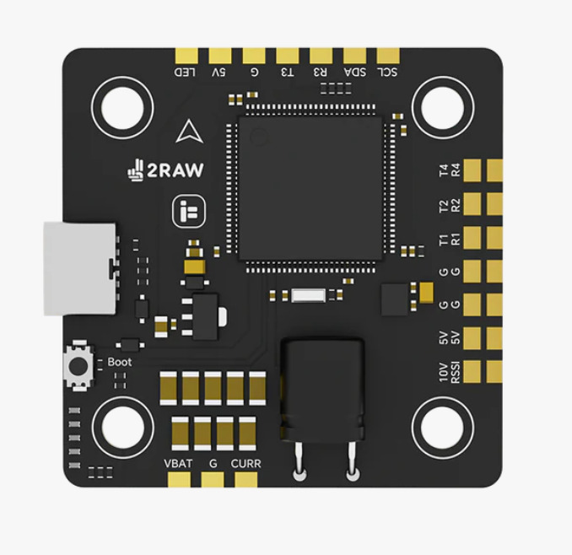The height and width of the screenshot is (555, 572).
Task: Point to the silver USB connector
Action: (79, 268)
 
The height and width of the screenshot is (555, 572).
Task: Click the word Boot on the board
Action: (120, 363)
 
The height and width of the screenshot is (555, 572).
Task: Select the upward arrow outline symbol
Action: (186, 132)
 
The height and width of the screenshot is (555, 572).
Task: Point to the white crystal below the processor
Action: (308, 295)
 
